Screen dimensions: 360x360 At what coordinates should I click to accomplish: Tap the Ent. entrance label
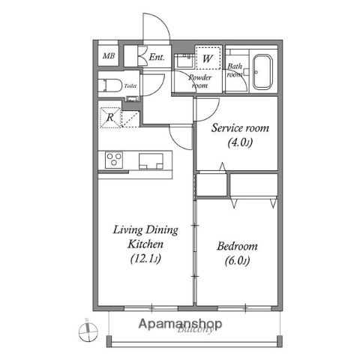pos(157,57)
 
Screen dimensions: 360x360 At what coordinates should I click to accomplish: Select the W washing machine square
pos(208,57)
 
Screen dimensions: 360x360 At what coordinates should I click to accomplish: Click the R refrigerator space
pos(109,117)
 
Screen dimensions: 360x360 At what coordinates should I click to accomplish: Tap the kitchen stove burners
pos(115,160)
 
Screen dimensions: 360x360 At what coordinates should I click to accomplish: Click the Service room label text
pos(239,128)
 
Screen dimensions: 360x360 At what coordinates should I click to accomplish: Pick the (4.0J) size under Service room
pos(240,142)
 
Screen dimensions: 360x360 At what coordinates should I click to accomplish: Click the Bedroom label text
pos(237,246)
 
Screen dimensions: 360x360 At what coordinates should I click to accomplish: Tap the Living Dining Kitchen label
pos(140,237)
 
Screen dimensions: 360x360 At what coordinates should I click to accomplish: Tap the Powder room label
pos(199,81)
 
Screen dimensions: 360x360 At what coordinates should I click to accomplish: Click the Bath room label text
pos(235,70)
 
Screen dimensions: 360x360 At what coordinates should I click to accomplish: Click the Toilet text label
pos(130,87)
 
